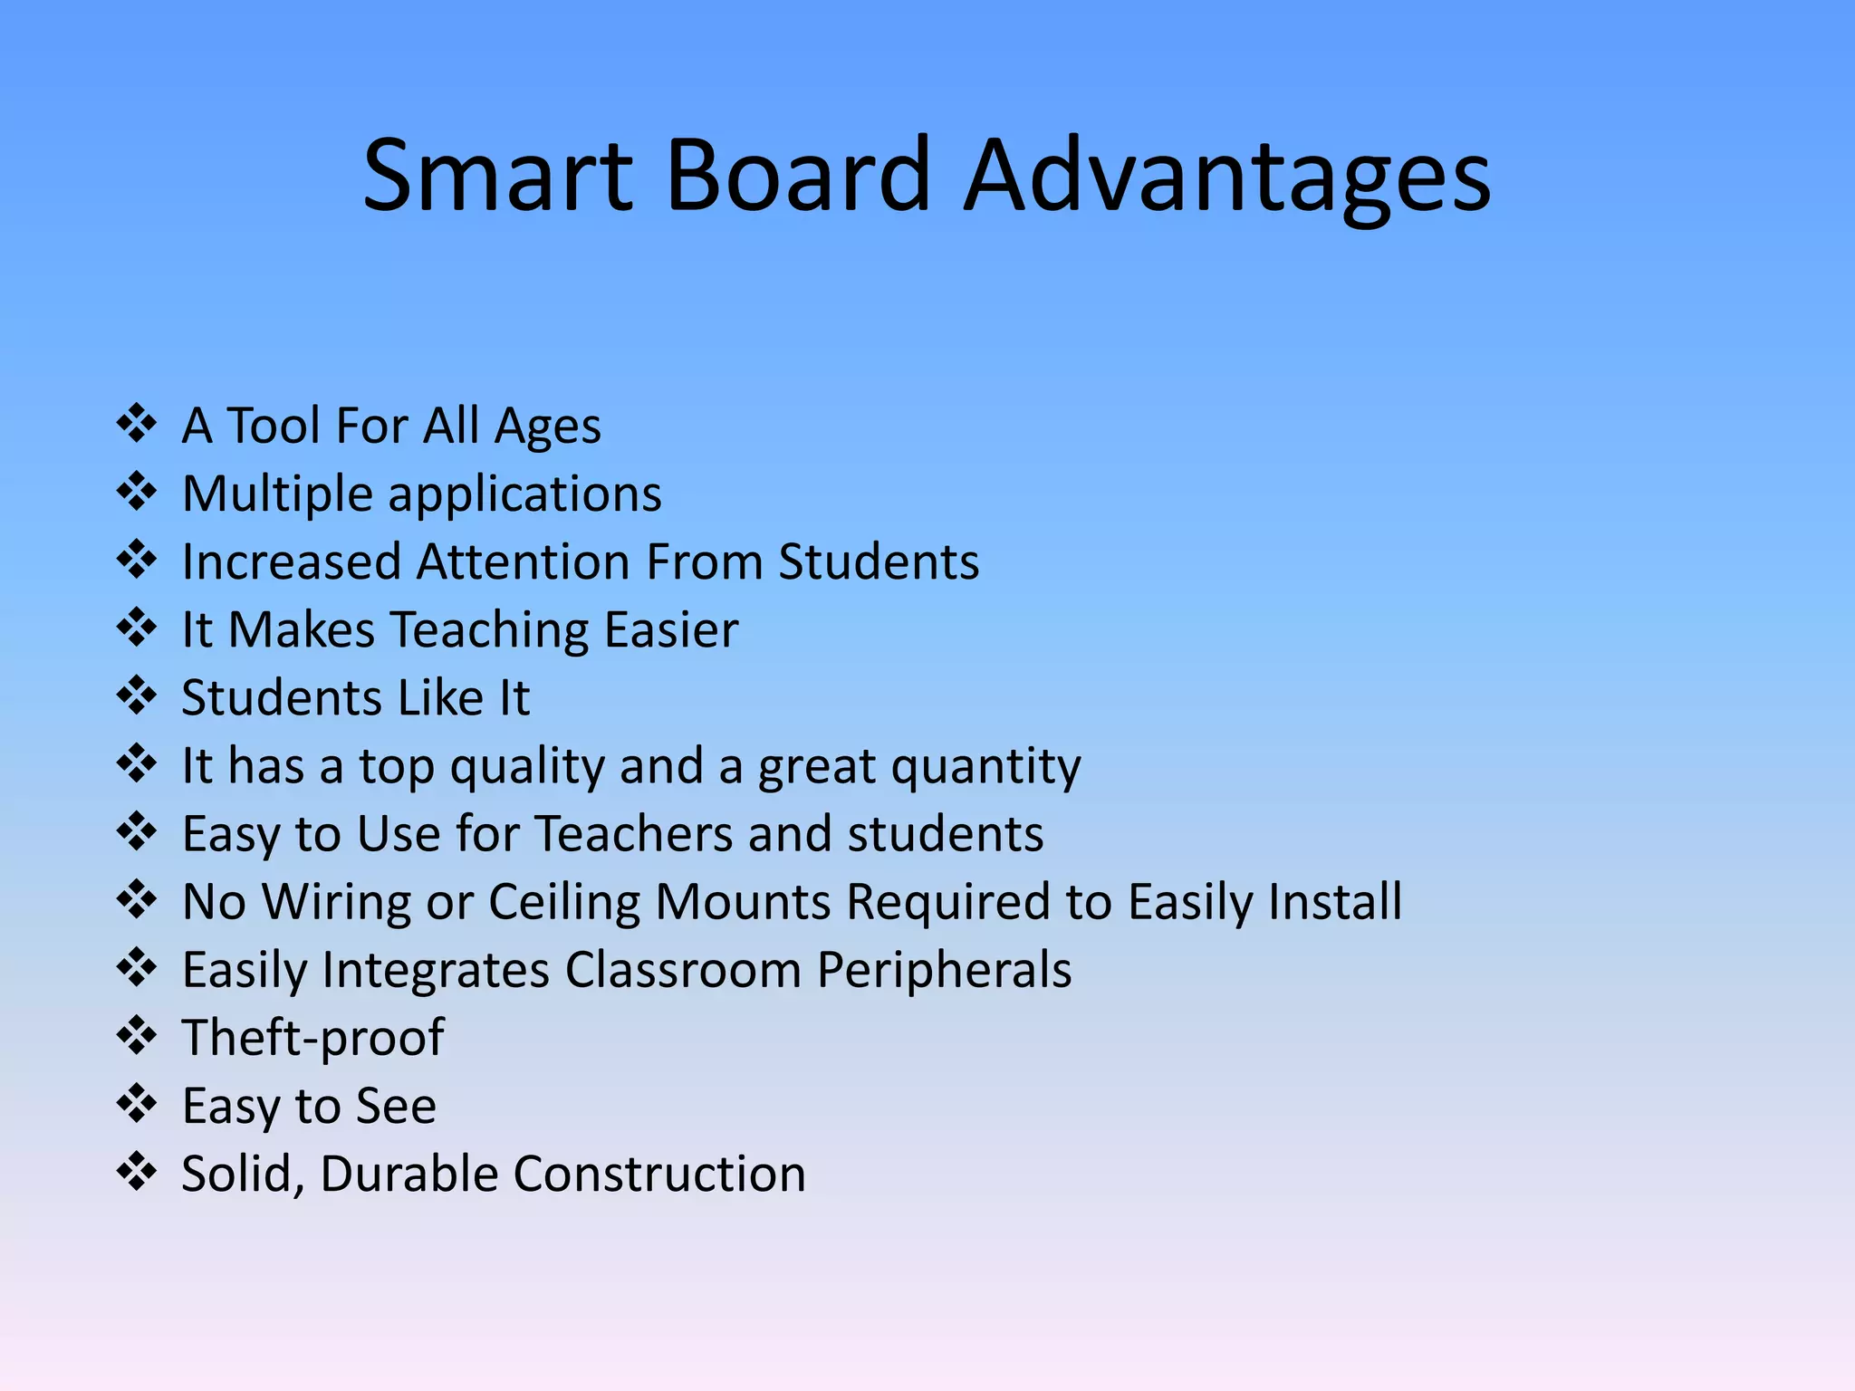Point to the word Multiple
pyautogui.click(x=277, y=494)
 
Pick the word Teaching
pyautogui.click(x=490, y=630)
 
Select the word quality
pyautogui.click(x=527, y=767)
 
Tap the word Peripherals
pyautogui.click(x=944, y=971)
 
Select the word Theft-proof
pyautogui.click(x=312, y=1038)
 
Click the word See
pyautogui.click(x=396, y=1106)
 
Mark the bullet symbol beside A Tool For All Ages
pyautogui.click(x=137, y=424)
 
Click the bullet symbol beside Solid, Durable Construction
pyautogui.click(x=137, y=1172)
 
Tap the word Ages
pyautogui.click(x=547, y=427)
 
